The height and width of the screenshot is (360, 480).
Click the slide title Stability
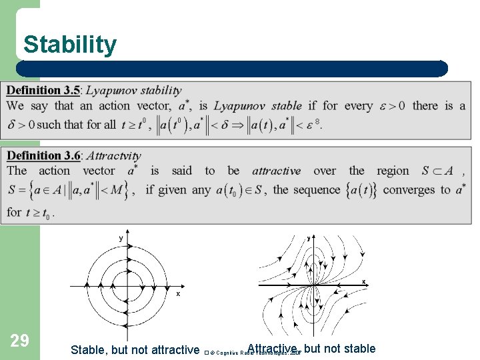[69, 45]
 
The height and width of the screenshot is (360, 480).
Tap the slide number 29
[20, 341]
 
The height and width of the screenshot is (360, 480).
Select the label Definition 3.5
[43, 90]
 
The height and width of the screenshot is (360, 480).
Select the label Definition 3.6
[43, 155]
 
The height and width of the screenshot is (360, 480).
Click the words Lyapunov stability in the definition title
[133, 90]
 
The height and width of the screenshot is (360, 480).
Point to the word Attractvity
[114, 155]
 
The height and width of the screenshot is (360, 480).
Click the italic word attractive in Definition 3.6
[276, 171]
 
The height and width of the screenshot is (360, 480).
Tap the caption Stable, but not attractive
[135, 349]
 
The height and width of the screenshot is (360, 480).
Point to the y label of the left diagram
[121, 237]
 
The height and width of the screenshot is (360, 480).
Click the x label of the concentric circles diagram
[178, 293]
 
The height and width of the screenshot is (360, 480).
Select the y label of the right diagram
[309, 237]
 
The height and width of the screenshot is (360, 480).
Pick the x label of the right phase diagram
[363, 281]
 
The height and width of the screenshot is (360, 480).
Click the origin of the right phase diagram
[313, 285]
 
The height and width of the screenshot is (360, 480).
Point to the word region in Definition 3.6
[393, 171]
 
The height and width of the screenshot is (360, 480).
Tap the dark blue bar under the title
[232, 69]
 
